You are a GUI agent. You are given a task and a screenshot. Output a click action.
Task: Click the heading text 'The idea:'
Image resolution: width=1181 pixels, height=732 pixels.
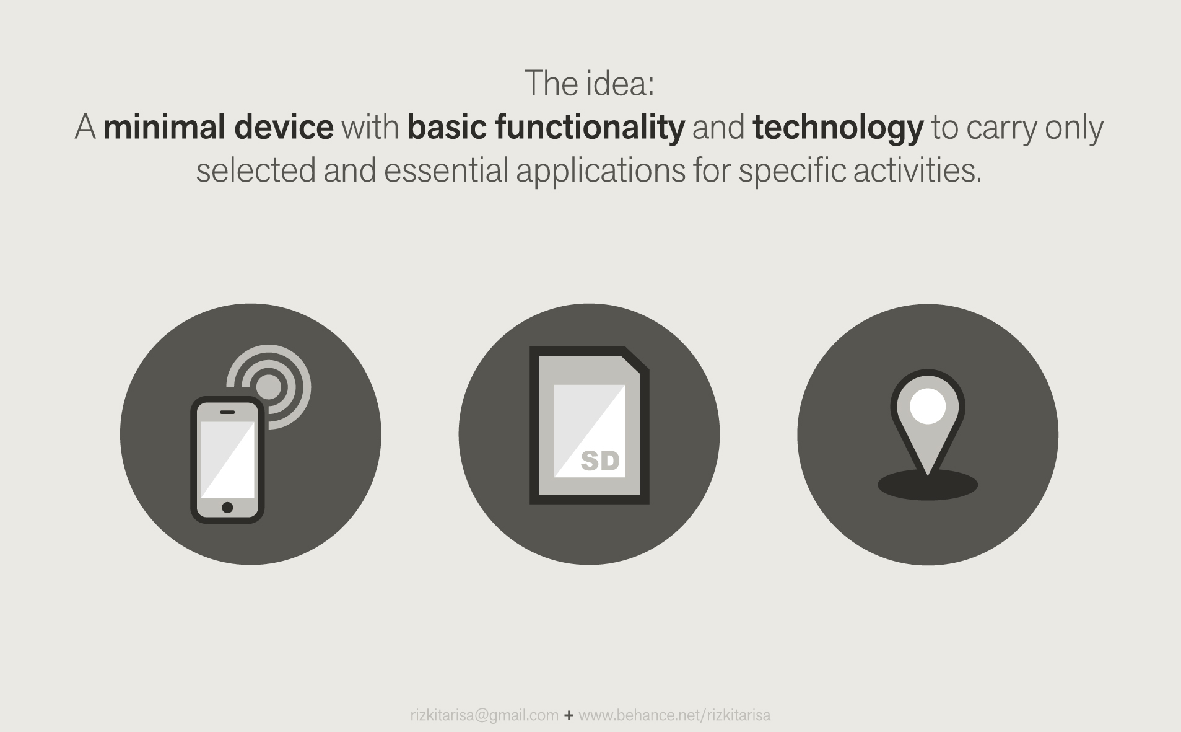[x=589, y=84]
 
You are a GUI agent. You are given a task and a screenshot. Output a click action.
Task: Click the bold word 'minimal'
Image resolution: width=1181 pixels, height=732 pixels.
[x=165, y=128]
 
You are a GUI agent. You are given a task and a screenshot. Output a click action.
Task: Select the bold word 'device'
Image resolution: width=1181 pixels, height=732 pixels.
[x=284, y=128]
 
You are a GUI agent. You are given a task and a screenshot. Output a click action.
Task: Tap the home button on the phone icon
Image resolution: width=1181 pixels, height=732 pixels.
[x=227, y=508]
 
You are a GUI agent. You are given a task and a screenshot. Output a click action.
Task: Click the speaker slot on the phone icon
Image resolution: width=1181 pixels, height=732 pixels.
[x=227, y=412]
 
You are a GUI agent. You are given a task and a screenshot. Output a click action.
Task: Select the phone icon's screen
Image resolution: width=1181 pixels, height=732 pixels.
[x=227, y=459]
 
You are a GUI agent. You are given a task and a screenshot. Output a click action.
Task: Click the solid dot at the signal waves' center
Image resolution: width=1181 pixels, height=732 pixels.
[x=269, y=387]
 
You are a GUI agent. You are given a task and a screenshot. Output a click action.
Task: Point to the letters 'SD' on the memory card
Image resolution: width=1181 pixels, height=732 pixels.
[x=600, y=461]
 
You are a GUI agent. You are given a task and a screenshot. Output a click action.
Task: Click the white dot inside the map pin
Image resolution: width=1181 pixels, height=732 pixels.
[x=927, y=407]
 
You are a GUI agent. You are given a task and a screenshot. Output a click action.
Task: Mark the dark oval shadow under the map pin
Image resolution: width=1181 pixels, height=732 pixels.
[x=928, y=486]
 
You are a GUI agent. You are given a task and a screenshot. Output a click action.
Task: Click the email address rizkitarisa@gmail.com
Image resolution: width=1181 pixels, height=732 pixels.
[x=484, y=715]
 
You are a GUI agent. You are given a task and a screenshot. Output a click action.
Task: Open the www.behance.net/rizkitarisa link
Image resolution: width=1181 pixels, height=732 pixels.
[x=674, y=715]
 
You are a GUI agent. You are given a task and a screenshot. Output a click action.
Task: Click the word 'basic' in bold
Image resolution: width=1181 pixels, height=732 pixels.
[x=447, y=128]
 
